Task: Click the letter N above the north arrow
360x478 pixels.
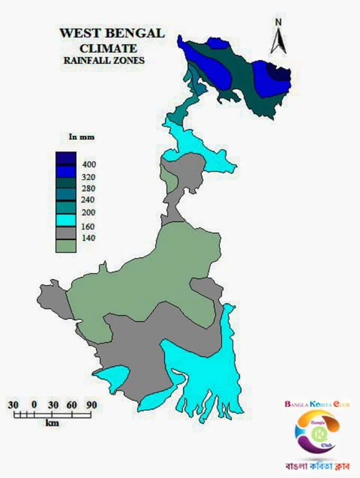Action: coord(278,22)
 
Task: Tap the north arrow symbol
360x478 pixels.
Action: coord(278,41)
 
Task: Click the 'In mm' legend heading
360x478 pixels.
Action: coord(82,137)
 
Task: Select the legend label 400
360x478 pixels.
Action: coord(89,165)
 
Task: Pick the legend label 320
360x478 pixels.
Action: coord(89,177)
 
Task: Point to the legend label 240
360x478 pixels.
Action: coord(89,200)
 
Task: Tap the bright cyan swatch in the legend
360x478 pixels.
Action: coord(66,220)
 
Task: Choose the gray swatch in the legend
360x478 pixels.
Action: coord(66,233)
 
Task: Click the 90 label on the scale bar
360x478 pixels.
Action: coord(92,405)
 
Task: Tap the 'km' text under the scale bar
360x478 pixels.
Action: coord(52,423)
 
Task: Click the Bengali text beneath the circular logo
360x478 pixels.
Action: coord(315,466)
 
